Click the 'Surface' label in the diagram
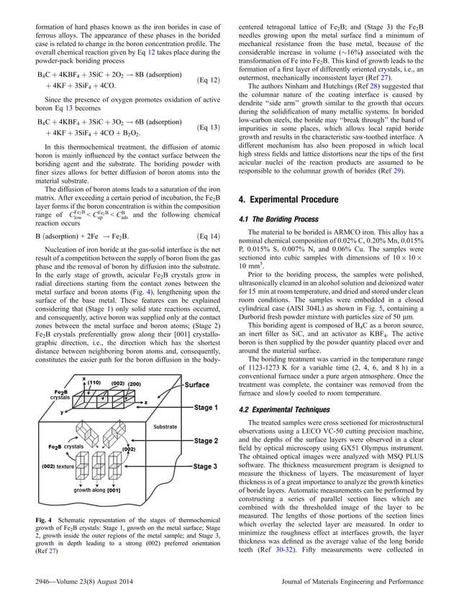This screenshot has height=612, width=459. [x=196, y=385]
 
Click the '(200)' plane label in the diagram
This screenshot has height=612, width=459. [x=135, y=385]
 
